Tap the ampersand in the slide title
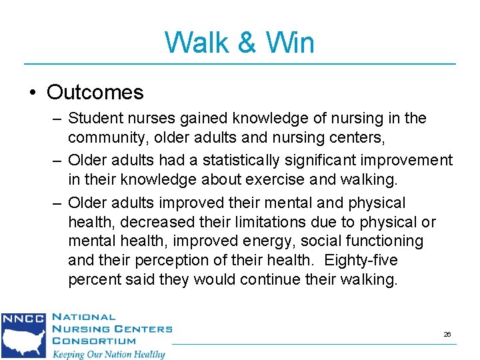tap(247, 43)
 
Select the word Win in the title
tap(289, 43)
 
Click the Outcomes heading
tap(95, 92)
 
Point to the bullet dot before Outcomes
tap(32, 92)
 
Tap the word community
tap(107, 139)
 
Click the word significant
tap(321, 160)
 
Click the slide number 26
tap(447, 333)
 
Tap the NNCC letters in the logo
tap(22, 319)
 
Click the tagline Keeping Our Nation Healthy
tap(109, 353)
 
